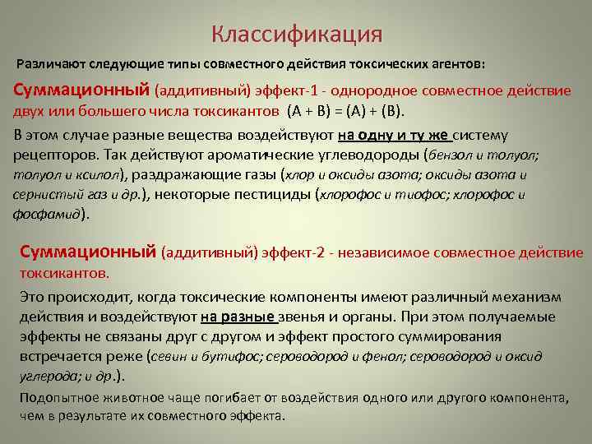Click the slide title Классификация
[296, 35]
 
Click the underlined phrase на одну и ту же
[393, 135]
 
